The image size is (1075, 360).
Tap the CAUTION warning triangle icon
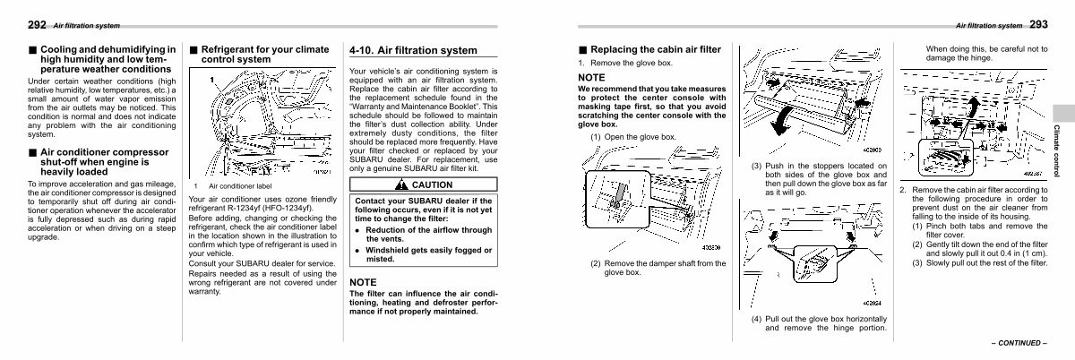402,184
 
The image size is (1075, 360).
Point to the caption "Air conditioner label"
239,185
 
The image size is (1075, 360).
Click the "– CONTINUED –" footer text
1019,343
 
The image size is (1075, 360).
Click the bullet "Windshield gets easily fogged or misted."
428,254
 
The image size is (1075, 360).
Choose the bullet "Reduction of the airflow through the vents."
428,235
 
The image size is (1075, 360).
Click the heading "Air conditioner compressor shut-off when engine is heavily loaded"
98,162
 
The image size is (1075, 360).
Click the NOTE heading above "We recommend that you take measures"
591,78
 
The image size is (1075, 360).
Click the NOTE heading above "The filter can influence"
363,282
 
